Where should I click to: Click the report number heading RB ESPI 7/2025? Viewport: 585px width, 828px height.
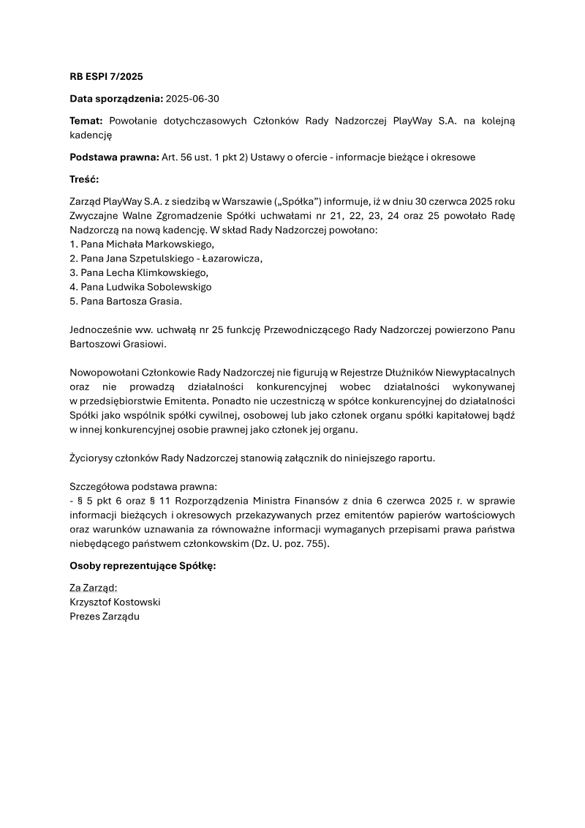106,76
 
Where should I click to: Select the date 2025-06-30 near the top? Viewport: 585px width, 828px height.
192,98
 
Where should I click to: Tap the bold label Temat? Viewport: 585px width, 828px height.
87,120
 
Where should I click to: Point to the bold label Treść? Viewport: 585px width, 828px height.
84,179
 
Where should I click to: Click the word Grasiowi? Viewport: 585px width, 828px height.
146,344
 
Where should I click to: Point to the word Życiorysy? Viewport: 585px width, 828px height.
92,458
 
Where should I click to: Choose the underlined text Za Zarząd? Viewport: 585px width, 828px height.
93,587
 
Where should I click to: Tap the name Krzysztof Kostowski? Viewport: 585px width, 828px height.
115,602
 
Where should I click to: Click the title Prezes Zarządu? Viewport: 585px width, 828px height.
104,616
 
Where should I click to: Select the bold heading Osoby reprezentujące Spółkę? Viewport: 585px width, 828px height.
143,565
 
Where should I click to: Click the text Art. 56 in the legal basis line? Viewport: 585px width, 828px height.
176,157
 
